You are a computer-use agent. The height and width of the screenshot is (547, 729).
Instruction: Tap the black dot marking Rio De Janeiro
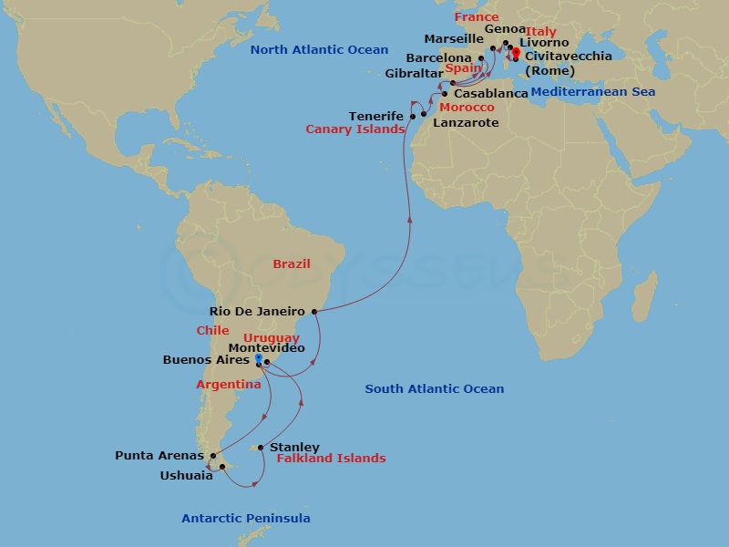[x=314, y=312]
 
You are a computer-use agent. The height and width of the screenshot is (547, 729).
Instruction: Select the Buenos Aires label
[x=205, y=360]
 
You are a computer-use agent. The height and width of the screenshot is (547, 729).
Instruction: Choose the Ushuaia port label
[x=186, y=475]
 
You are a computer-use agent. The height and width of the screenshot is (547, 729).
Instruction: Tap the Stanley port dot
[x=262, y=447]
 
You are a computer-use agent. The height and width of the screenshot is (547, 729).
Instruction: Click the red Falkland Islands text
[x=331, y=459]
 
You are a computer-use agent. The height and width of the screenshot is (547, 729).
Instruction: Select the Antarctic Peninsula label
[x=246, y=519]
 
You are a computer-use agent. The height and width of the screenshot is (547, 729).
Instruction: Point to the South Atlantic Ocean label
[x=434, y=389]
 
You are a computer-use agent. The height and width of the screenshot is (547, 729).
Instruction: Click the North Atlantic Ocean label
[x=319, y=51]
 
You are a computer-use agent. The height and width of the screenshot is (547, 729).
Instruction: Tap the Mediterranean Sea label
[x=592, y=92]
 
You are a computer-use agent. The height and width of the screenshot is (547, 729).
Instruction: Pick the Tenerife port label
[x=376, y=116]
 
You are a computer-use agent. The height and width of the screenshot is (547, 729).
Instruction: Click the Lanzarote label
[x=466, y=122]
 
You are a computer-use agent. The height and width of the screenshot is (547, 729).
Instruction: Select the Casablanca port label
[x=490, y=94]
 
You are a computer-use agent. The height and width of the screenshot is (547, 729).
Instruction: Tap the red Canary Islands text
[x=354, y=129]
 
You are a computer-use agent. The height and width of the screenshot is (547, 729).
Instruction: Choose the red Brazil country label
[x=292, y=264]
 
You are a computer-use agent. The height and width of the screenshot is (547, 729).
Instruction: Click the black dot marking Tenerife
[x=412, y=117]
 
